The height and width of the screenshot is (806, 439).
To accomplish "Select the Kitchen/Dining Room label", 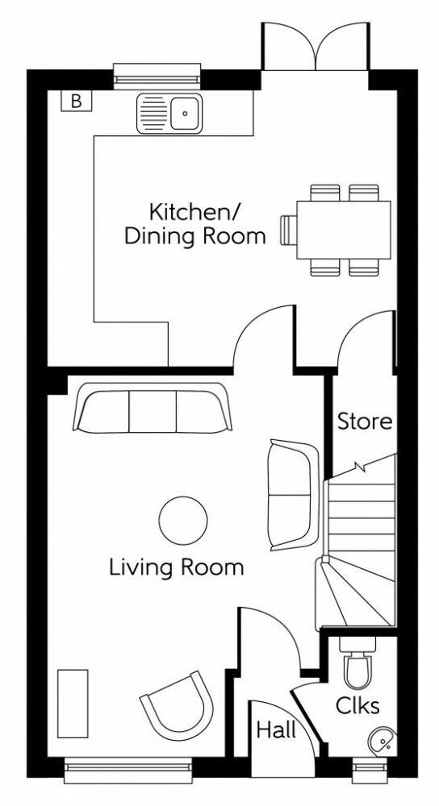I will click(207, 225).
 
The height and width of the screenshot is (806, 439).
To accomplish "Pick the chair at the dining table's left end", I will click(288, 230).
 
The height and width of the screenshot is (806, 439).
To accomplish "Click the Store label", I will click(365, 421).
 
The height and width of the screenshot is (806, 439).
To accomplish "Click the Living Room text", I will click(177, 567).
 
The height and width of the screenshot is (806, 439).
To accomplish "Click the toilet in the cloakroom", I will click(357, 663).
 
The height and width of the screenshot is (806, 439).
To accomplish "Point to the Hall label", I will click(275, 731).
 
